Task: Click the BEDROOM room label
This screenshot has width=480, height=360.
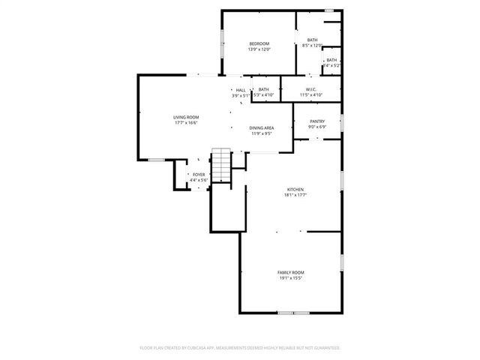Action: point(259,44)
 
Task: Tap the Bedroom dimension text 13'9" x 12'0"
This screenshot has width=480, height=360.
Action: point(259,49)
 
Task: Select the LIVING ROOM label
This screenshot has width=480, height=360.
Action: point(186,117)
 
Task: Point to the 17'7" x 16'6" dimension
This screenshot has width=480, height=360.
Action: point(186,122)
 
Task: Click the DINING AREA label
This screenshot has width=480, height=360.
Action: point(262,127)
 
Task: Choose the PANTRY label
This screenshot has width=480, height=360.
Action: point(317,121)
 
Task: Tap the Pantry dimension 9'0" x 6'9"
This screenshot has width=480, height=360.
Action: point(317,127)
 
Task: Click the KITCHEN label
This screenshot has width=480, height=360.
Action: point(296,190)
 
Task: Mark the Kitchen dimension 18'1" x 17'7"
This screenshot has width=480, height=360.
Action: point(296,195)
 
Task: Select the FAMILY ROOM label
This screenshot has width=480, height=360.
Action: point(291,272)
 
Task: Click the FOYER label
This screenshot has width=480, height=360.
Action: point(199,175)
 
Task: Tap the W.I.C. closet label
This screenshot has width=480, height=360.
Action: point(311,90)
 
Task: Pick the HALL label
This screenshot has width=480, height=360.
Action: point(241,90)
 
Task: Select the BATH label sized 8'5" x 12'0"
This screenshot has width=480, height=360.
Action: point(312,40)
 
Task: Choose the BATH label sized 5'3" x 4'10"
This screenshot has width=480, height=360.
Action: point(264,90)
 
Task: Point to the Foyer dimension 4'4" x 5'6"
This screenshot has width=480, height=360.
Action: point(199,180)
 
